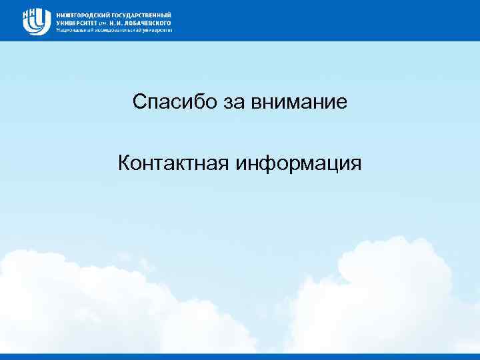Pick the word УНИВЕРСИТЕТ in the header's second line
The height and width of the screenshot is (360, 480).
pos(77,22)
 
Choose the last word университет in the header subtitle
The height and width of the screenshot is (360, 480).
pos(157,30)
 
